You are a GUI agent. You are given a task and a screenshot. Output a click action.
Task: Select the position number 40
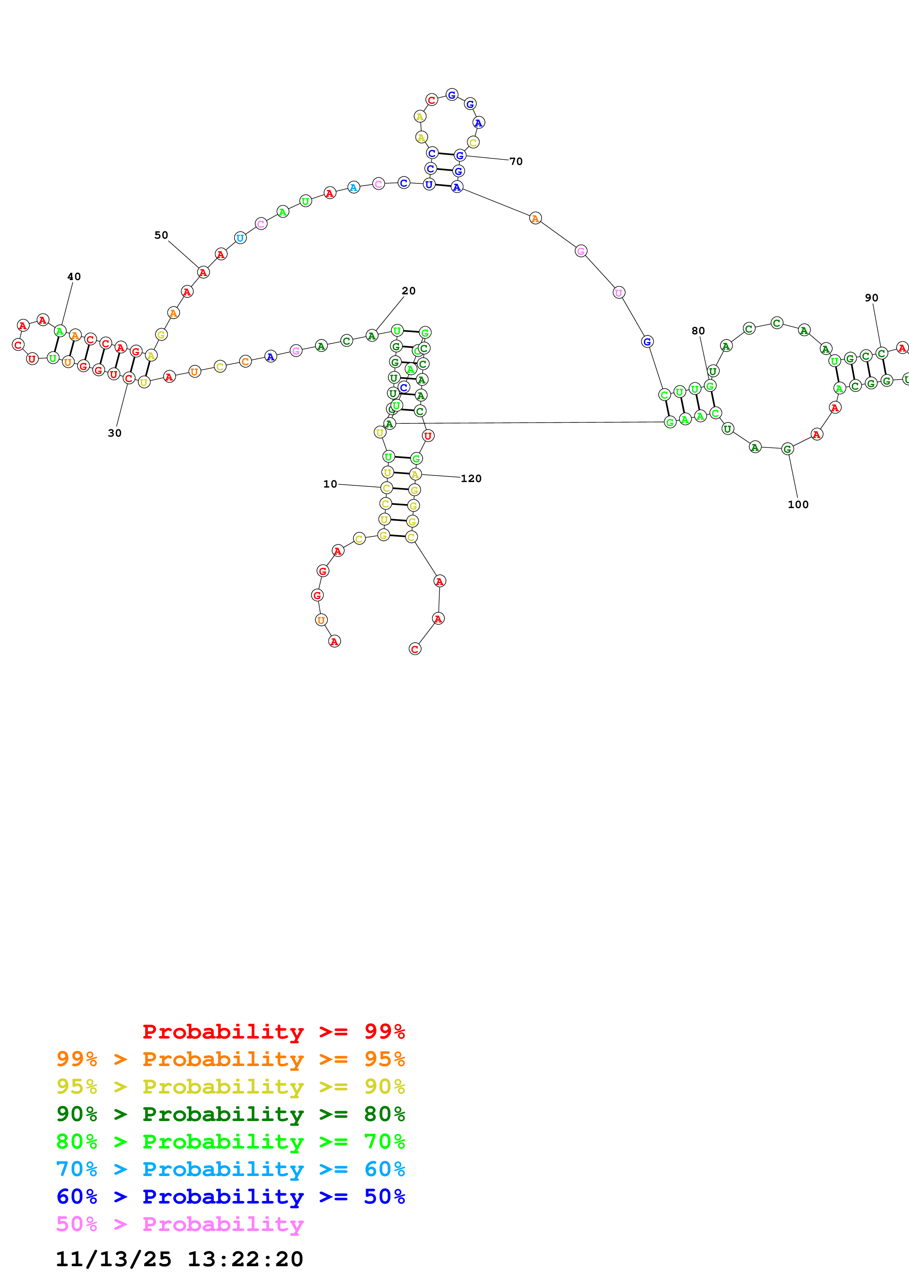pos(74,277)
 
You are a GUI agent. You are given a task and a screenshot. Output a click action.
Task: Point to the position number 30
pos(114,433)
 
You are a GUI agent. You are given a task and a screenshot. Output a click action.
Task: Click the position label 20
pos(408,291)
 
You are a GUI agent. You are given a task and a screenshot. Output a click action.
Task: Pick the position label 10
pos(330,484)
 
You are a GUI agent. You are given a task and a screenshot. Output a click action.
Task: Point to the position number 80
pos(697,331)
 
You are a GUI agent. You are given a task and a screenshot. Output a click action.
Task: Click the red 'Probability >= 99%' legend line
pos(273,1031)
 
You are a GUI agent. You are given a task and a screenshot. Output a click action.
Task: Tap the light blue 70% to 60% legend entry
pos(230,1169)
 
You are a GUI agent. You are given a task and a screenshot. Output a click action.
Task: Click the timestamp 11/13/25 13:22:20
pos(179,1259)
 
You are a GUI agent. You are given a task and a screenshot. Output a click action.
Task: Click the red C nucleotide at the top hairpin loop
pos(431,100)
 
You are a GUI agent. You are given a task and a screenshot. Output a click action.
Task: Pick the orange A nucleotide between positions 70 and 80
pos(535,218)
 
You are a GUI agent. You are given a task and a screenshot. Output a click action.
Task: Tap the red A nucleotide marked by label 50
pos(203,272)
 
